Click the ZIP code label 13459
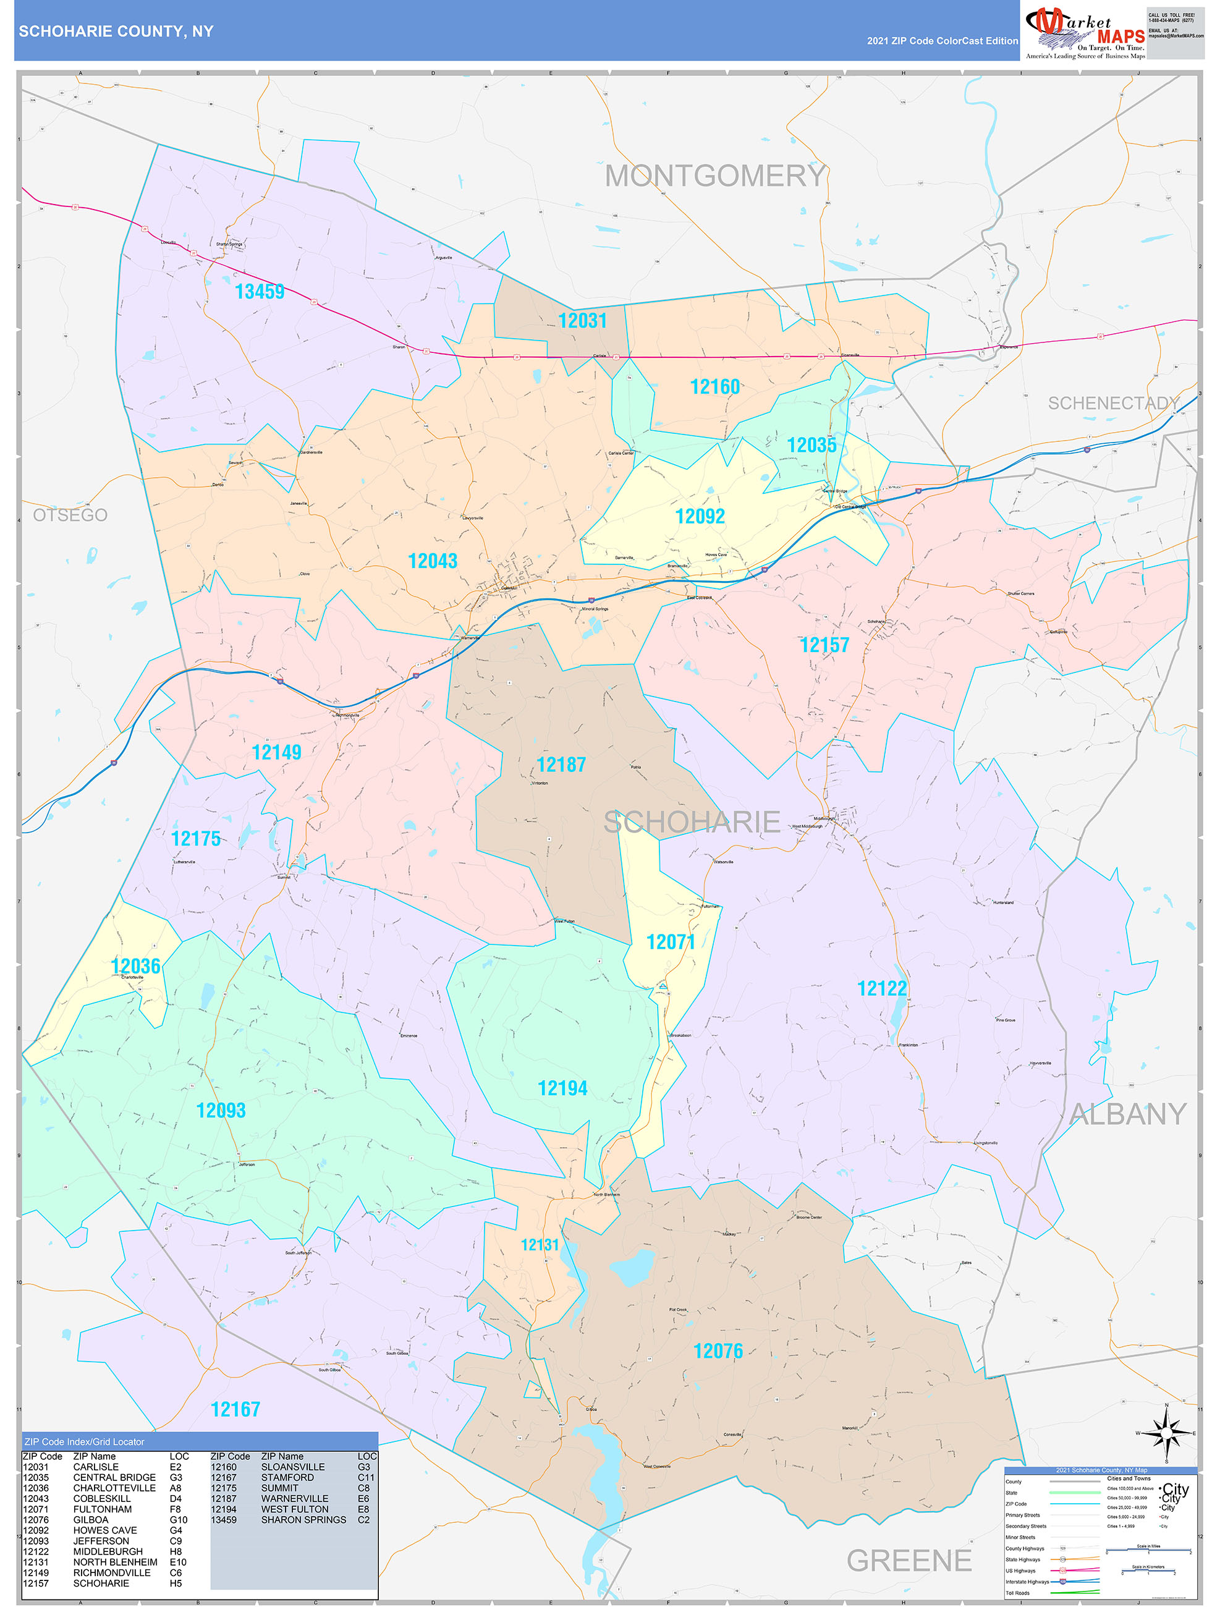click(x=260, y=292)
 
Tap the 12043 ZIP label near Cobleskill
click(x=433, y=562)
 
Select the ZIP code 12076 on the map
click(x=718, y=1351)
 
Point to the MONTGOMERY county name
click(x=715, y=177)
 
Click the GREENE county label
click(x=909, y=1561)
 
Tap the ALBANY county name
click(x=1128, y=1114)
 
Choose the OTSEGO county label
click(x=70, y=515)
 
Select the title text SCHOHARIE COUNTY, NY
click(x=116, y=32)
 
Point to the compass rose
click(x=1166, y=1433)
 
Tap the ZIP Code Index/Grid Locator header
click(x=84, y=1442)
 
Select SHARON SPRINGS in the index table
click(x=303, y=1520)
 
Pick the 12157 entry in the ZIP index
click(x=36, y=1583)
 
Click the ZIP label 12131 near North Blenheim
click(x=540, y=1245)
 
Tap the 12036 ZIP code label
click(x=135, y=966)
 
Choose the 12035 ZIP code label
click(x=811, y=446)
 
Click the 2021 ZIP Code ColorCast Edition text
click(x=942, y=41)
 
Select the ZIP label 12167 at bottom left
click(x=235, y=1409)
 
